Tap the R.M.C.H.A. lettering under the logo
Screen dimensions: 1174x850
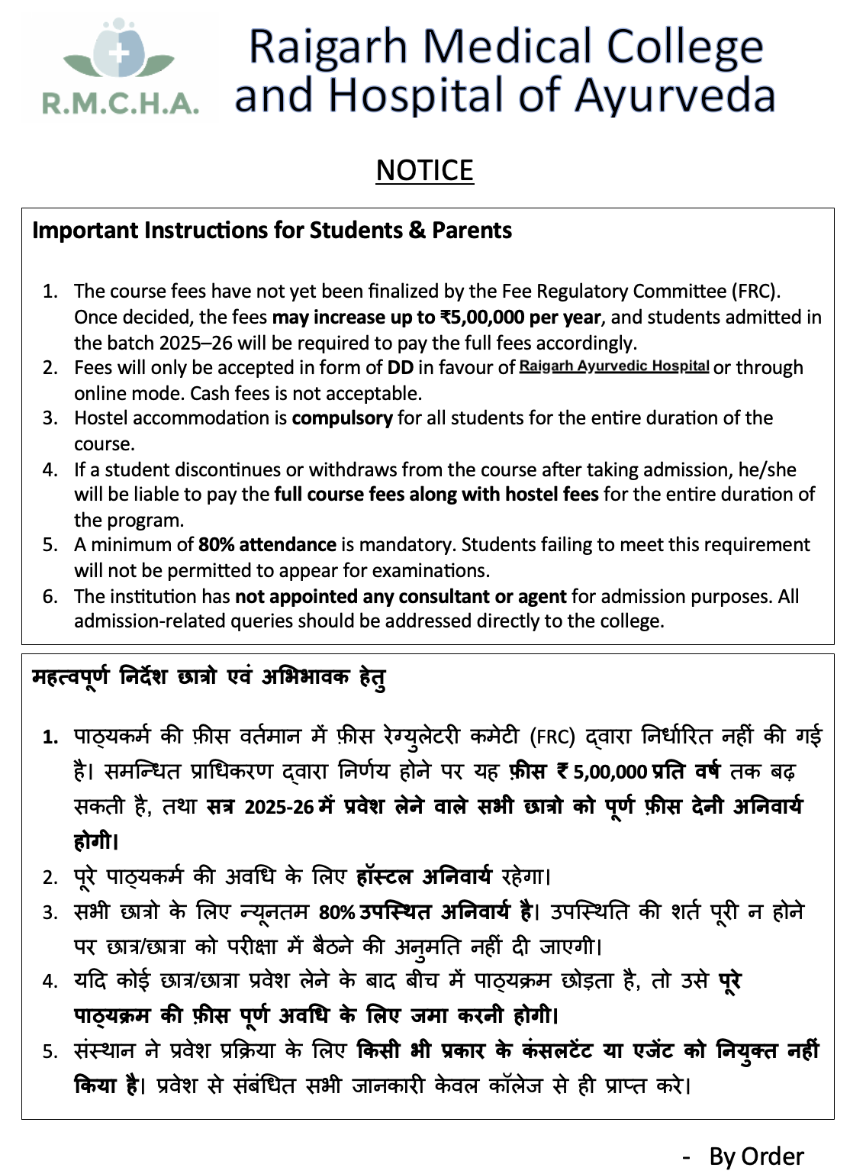[121, 103]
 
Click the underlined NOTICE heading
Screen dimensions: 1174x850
[424, 170]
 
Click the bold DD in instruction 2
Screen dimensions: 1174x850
[400, 367]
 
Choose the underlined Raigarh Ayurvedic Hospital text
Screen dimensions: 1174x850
[614, 366]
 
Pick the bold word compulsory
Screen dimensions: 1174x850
[342, 418]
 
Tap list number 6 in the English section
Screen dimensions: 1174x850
[50, 596]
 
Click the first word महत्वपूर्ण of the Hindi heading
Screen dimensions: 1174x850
[70, 677]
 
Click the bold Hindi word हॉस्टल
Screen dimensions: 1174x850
[384, 876]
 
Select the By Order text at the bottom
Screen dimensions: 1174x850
[755, 1156]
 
